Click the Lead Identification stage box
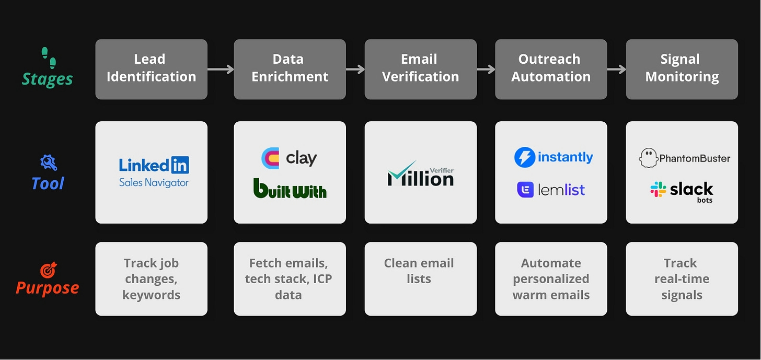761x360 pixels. pyautogui.click(x=151, y=69)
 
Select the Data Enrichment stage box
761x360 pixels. pyautogui.click(x=290, y=69)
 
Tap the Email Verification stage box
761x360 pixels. pyautogui.click(x=420, y=69)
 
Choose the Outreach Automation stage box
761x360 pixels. pyautogui.click(x=551, y=69)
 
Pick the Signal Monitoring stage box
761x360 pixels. pyautogui.click(x=682, y=69)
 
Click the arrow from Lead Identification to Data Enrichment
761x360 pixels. pyautogui.click(x=221, y=69)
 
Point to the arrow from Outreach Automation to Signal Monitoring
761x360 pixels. pyautogui.click(x=616, y=69)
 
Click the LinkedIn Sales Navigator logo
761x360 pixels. pyautogui.click(x=154, y=172)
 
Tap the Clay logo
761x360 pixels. pyautogui.click(x=289, y=158)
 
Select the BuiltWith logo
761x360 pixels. pyautogui.click(x=290, y=189)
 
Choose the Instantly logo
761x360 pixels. pyautogui.click(x=553, y=157)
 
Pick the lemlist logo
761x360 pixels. pyautogui.click(x=551, y=189)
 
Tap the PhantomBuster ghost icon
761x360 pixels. pyautogui.click(x=648, y=158)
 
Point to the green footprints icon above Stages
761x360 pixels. pyautogui.click(x=48, y=57)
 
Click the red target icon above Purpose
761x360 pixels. pyautogui.click(x=48, y=270)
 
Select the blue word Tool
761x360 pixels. pyautogui.click(x=48, y=183)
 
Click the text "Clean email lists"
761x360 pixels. pyautogui.click(x=419, y=271)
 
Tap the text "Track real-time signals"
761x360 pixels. pyautogui.click(x=682, y=278)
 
